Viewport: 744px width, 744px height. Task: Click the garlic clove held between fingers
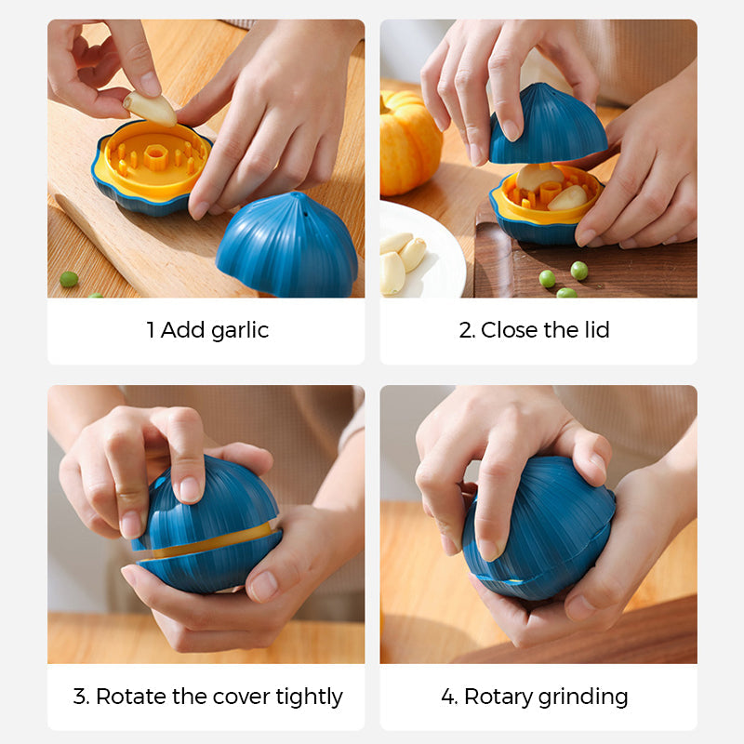[x=151, y=109]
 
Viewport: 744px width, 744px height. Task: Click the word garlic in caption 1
[x=240, y=331]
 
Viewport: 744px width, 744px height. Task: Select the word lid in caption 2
[x=597, y=330]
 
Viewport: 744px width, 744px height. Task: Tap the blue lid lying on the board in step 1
[x=287, y=246]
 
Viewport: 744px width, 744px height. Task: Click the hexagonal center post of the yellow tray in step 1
[x=154, y=156]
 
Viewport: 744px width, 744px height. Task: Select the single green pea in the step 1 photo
[x=69, y=279]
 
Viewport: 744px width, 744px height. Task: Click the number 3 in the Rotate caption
[x=79, y=697]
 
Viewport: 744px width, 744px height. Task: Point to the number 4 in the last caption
[x=448, y=697]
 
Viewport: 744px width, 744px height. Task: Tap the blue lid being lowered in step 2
[x=549, y=125]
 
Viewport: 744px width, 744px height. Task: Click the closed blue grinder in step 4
[x=539, y=527]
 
